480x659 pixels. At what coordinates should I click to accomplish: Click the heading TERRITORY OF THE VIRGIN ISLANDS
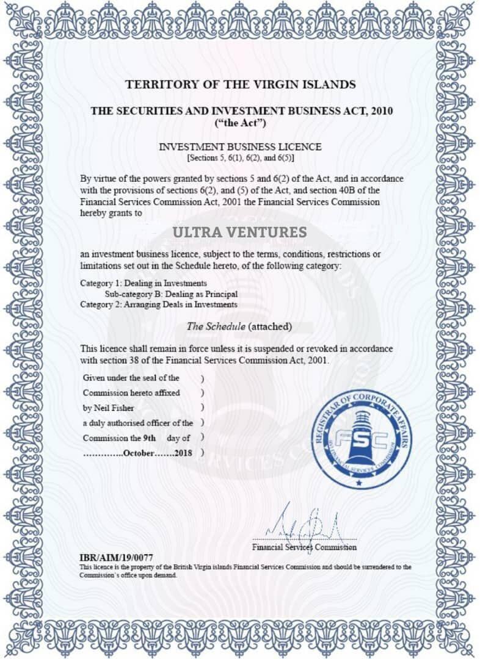tap(240, 84)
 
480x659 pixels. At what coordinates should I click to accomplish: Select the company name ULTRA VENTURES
tap(239, 232)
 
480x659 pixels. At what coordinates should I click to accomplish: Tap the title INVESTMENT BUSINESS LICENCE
tap(240, 147)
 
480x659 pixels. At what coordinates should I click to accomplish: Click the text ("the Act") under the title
tap(240, 123)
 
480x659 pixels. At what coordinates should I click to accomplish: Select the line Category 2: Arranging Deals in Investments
tap(159, 304)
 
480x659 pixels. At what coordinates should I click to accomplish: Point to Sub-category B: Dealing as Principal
tap(170, 293)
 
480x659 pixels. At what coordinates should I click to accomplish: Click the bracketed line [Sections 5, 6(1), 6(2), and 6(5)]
tap(240, 158)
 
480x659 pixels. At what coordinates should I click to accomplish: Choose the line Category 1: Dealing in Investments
tap(144, 283)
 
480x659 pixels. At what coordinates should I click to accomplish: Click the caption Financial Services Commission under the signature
tap(305, 547)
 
